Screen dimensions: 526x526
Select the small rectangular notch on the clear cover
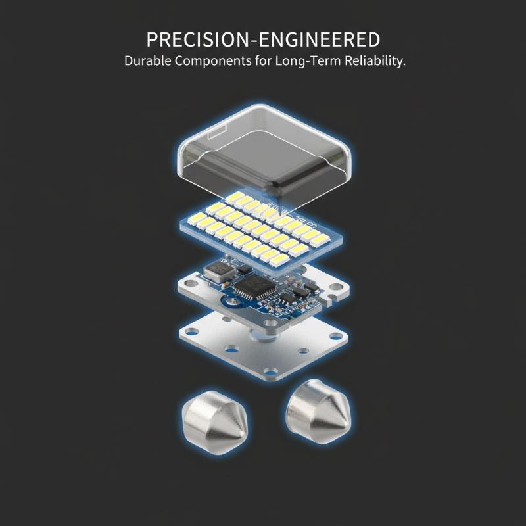pyautogui.click(x=217, y=133)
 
